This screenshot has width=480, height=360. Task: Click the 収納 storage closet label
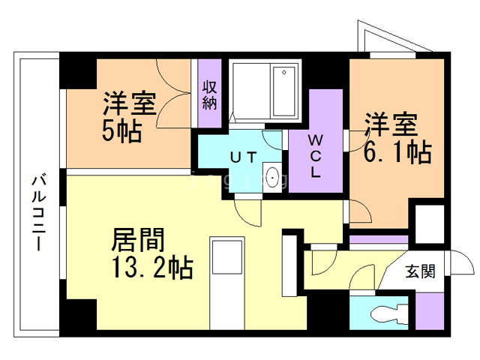pyautogui.click(x=209, y=93)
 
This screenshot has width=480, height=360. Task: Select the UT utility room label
pyautogui.click(x=244, y=157)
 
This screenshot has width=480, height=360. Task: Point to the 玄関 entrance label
pyautogui.click(x=421, y=271)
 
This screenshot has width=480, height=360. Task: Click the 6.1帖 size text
pyautogui.click(x=397, y=152)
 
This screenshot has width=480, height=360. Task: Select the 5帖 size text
pyautogui.click(x=122, y=130)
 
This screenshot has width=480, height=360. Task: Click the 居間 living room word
pyautogui.click(x=138, y=240)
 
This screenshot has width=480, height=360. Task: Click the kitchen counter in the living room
pyautogui.click(x=225, y=281)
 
